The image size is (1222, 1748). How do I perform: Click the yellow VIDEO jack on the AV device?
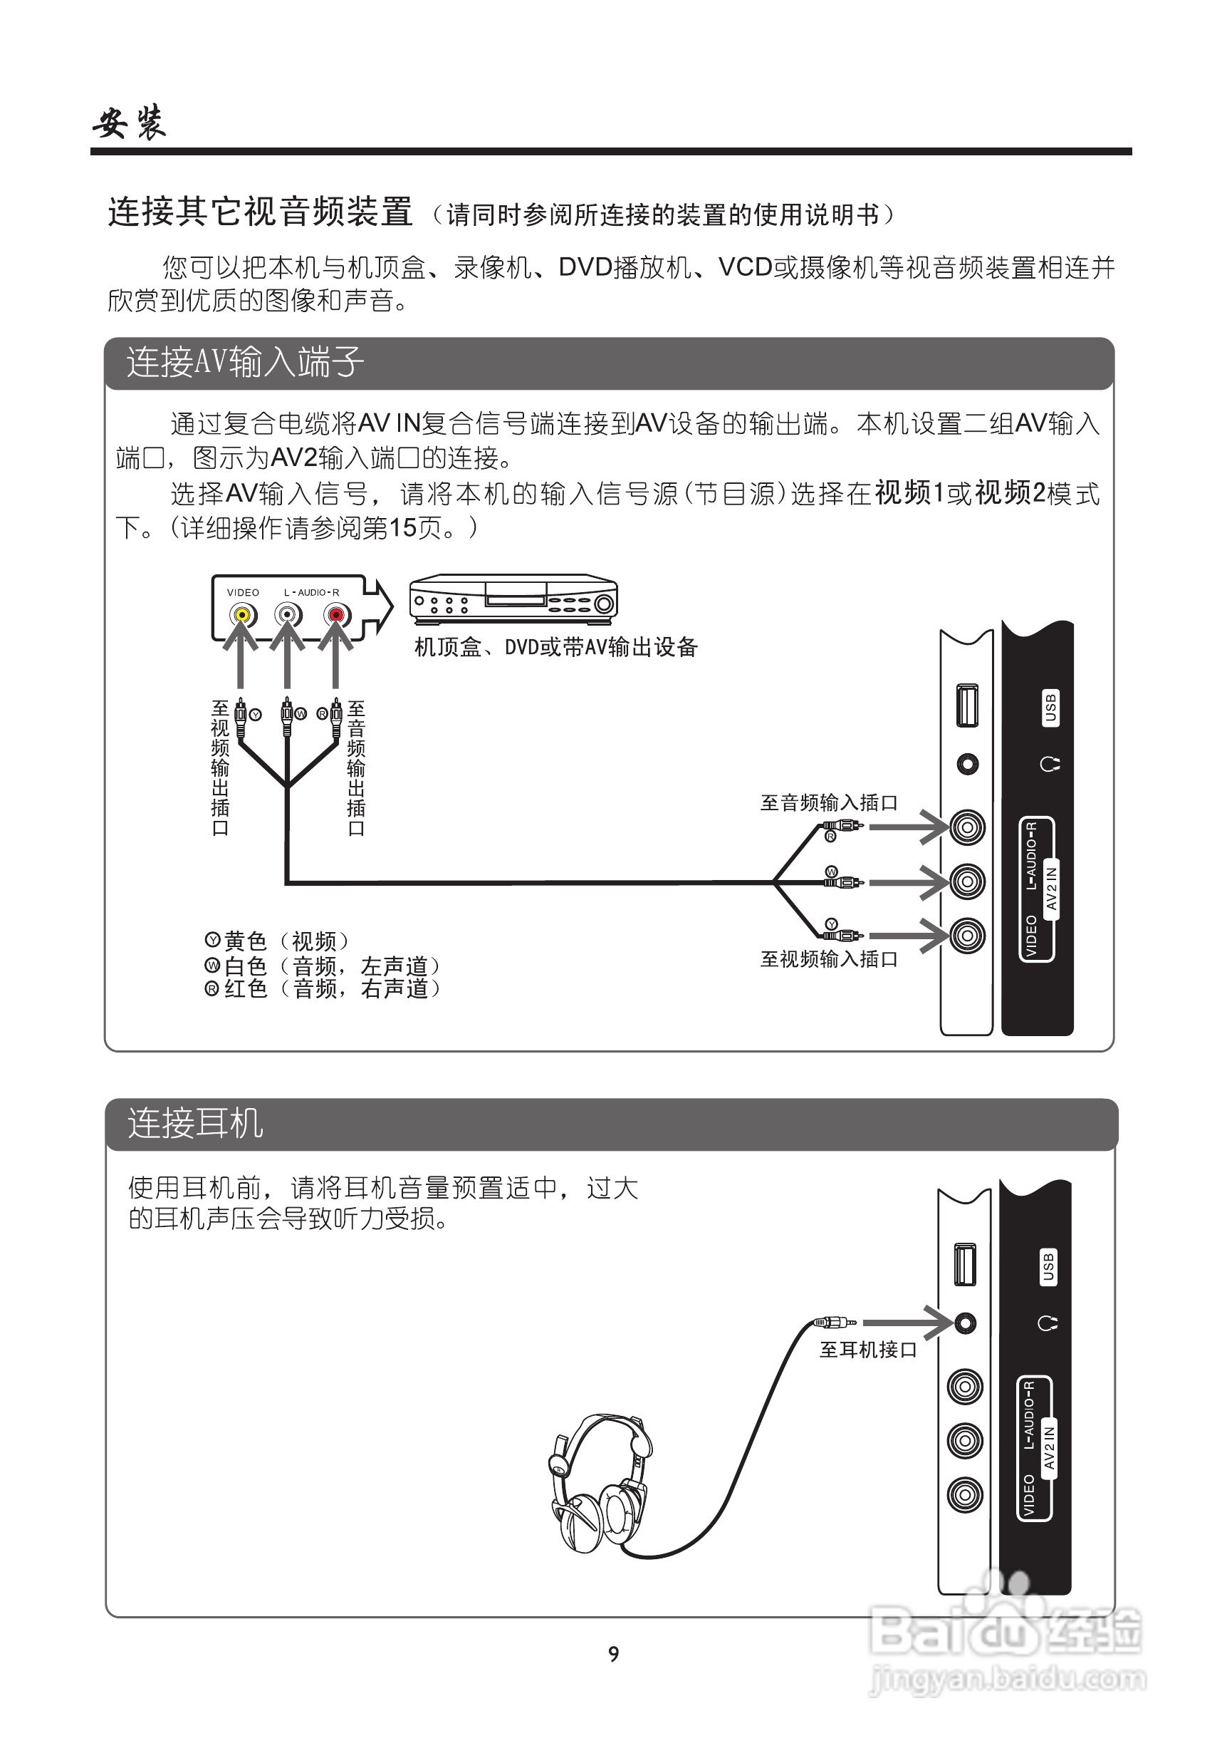[242, 614]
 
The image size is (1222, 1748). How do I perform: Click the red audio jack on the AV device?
[335, 614]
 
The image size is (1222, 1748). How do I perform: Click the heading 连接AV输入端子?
[245, 361]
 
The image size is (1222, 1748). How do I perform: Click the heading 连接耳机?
[196, 1124]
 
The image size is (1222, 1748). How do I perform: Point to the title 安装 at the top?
[130, 122]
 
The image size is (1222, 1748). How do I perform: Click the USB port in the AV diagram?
[967, 705]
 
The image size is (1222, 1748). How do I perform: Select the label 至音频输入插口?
[829, 803]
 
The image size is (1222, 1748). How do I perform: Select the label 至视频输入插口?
[829, 959]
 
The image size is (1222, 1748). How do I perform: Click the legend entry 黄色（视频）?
[277, 942]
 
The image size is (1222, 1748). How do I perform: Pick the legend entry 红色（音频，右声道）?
[323, 989]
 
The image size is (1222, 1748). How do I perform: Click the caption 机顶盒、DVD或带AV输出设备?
[555, 647]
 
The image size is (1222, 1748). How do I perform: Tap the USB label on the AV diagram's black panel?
[1051, 708]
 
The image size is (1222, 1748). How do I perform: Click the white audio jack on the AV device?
[288, 614]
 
